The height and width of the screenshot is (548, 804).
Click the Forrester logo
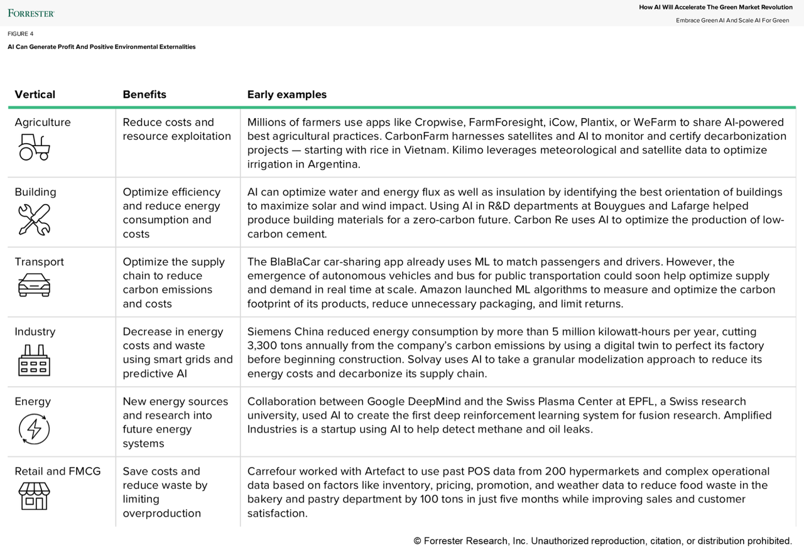click(x=31, y=13)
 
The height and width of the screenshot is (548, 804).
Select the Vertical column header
click(x=35, y=95)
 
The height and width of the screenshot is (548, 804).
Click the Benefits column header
click(x=144, y=95)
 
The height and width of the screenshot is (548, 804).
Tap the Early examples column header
click(x=286, y=95)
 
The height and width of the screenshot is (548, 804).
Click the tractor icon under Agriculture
click(x=34, y=149)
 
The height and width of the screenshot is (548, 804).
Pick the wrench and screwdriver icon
click(x=34, y=219)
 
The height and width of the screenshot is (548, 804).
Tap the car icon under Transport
click(x=34, y=286)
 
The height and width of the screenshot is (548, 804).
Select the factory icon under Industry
click(x=34, y=360)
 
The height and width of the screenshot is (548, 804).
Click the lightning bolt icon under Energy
click(x=34, y=429)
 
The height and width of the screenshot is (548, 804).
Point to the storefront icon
click(x=34, y=496)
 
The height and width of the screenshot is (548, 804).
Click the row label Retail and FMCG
click(x=57, y=471)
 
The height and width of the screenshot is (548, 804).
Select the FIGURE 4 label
click(x=21, y=34)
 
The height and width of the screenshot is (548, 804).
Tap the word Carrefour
click(x=273, y=471)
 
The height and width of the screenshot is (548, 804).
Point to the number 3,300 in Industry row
click(x=263, y=346)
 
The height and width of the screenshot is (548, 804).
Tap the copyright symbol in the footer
click(x=417, y=541)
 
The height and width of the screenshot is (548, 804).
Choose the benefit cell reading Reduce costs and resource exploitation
click(x=177, y=129)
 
